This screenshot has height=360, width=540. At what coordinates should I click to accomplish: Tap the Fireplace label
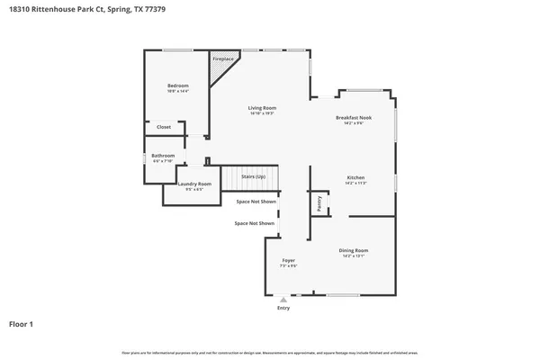(222, 59)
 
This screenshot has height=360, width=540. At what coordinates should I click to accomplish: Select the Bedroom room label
(177, 85)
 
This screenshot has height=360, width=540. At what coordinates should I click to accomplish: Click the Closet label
(164, 127)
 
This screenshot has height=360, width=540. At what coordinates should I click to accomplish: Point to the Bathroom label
(163, 156)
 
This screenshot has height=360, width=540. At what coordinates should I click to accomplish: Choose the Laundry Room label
(194, 184)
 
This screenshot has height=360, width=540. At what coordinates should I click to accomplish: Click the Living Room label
(262, 108)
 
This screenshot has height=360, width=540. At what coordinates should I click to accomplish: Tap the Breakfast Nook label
(354, 118)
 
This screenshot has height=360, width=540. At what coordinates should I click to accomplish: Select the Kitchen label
(355, 177)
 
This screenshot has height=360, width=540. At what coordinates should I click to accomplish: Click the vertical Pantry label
(319, 204)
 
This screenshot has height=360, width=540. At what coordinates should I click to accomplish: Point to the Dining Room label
(354, 250)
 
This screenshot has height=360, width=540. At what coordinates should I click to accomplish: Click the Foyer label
(288, 260)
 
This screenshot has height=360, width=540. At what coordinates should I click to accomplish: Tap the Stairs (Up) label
(253, 176)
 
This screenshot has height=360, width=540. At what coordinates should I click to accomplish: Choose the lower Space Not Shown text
(254, 222)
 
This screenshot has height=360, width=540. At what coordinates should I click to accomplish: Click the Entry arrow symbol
(283, 300)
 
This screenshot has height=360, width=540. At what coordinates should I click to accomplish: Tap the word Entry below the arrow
(283, 308)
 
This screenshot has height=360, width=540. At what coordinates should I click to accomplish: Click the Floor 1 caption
(22, 324)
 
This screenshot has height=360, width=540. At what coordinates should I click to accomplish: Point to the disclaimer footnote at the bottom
(270, 352)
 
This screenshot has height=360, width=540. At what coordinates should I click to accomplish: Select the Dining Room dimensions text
(354, 256)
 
